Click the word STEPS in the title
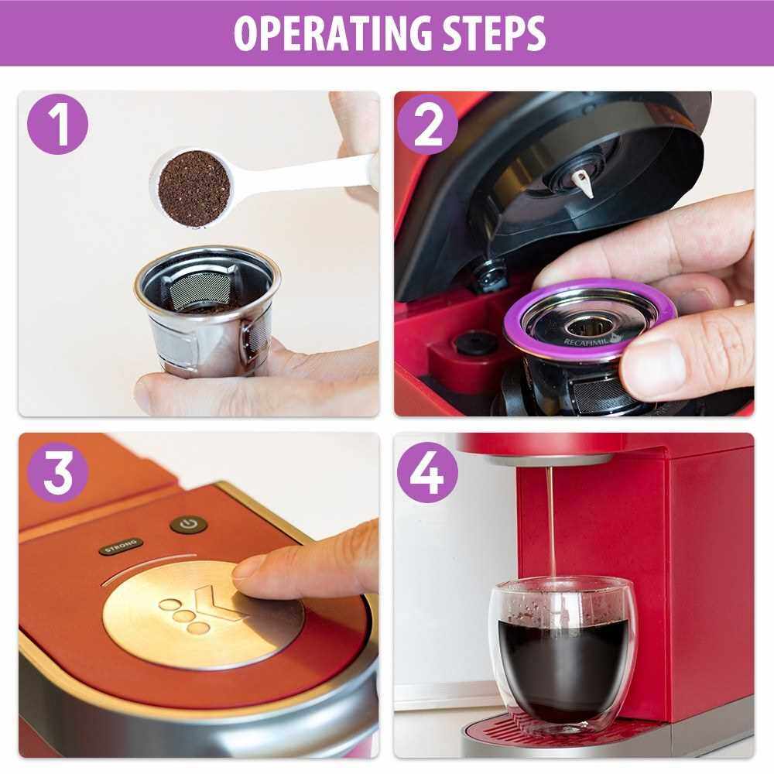click(494, 33)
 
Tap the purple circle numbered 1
click(58, 125)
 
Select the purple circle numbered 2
click(427, 125)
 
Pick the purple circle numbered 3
click(58, 472)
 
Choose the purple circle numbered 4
click(427, 472)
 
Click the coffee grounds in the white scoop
click(194, 189)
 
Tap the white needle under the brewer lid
click(583, 183)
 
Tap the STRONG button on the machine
click(122, 546)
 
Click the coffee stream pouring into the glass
click(550, 523)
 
